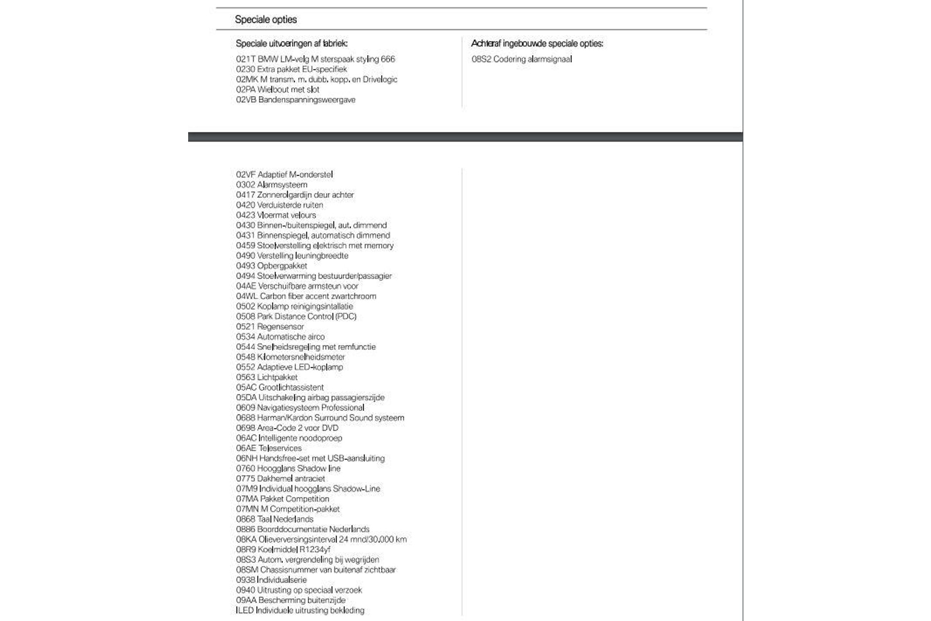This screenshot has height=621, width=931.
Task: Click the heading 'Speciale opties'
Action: [x=266, y=19]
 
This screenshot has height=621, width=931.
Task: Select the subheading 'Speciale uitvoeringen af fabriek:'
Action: [x=291, y=44]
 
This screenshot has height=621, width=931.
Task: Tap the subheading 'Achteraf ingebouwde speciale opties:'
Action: [x=537, y=44]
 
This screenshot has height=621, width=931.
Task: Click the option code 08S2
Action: [x=481, y=59]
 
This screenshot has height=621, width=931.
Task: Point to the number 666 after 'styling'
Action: [x=388, y=59]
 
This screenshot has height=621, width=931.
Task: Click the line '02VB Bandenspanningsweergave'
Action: [x=296, y=100]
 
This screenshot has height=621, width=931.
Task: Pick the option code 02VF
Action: [x=245, y=175]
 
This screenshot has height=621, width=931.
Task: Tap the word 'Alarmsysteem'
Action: [x=282, y=185]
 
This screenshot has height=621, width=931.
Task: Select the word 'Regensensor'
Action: [x=280, y=327]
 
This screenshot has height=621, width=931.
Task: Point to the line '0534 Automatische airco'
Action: [x=280, y=337]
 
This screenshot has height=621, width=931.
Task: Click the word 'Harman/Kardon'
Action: [x=285, y=418]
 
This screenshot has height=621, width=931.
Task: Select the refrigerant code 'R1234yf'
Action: [x=315, y=550]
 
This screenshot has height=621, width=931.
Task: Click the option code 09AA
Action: [x=246, y=600]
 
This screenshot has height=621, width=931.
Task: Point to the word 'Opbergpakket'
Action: [x=282, y=266]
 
